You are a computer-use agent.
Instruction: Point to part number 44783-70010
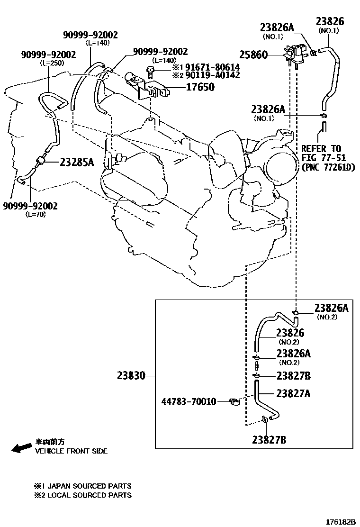click(x=189, y=402)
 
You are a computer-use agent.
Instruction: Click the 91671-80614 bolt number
click(x=212, y=67)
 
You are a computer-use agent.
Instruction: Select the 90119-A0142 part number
click(x=212, y=75)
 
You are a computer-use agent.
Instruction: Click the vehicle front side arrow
click(x=21, y=448)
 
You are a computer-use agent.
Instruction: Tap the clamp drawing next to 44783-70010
click(x=234, y=402)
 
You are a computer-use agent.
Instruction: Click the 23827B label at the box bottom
click(x=269, y=440)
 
